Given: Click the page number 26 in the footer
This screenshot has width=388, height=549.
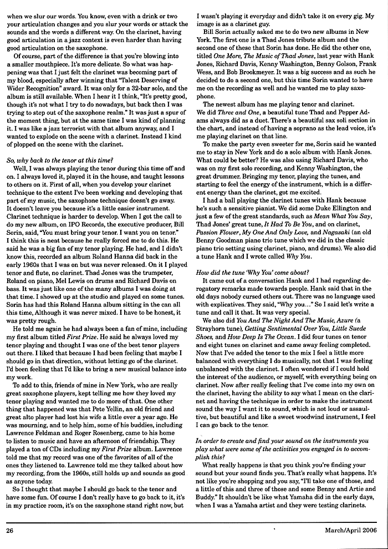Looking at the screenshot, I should point(9,530).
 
